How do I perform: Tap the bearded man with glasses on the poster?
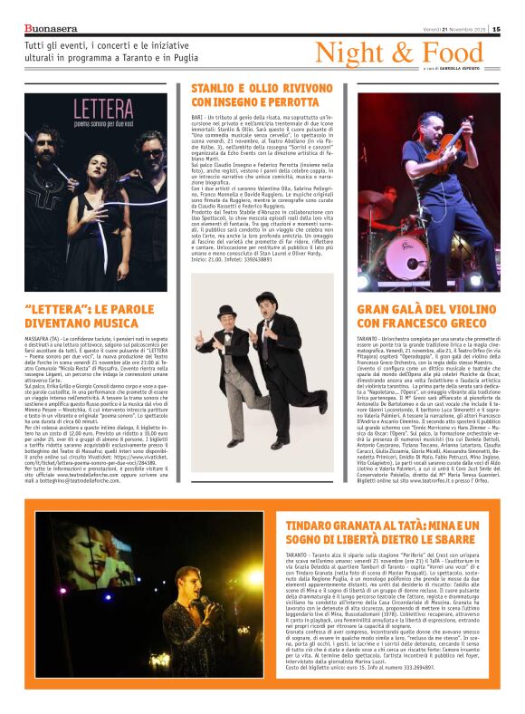point(148,148)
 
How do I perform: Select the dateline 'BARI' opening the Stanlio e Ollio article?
point(197,118)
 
